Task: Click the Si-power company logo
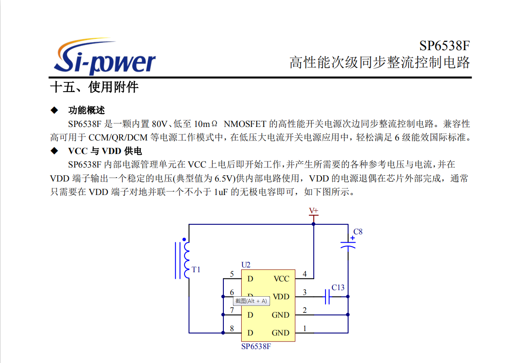tap(104, 56)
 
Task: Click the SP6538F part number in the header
tap(445, 46)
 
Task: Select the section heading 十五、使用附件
tap(94, 87)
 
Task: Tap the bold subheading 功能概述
tap(86, 110)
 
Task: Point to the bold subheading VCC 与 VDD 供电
tap(105, 151)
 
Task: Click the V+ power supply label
tap(313, 211)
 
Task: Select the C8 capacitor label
tap(358, 232)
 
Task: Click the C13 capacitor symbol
tap(327, 297)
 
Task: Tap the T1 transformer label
tap(196, 270)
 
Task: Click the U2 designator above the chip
tap(246, 265)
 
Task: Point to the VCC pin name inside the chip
tap(281, 279)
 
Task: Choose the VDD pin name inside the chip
tap(281, 297)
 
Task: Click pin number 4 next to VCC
tap(304, 274)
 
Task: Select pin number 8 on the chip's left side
tap(232, 329)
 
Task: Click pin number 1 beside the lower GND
tap(304, 329)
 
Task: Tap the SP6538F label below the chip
tap(256, 346)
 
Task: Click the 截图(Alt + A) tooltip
tap(251, 301)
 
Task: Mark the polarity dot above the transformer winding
tap(184, 239)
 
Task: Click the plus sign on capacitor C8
tap(352, 238)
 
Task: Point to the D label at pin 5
tap(250, 279)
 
